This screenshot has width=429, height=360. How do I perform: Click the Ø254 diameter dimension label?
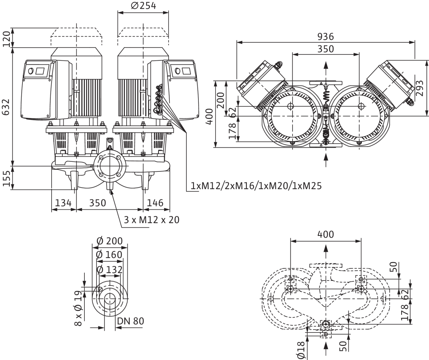click(x=143, y=6)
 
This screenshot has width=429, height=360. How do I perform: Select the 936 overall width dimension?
click(x=326, y=37)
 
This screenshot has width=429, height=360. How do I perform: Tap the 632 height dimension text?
click(x=6, y=107)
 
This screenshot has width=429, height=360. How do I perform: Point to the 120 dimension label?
click(x=6, y=39)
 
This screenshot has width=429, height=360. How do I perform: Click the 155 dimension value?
click(x=6, y=178)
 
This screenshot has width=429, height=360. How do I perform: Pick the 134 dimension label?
click(x=63, y=203)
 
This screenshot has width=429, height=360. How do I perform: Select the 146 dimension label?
click(x=155, y=203)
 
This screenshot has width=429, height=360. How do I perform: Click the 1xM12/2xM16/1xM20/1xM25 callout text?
click(x=256, y=186)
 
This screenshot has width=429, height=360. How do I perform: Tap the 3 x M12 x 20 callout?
click(x=151, y=220)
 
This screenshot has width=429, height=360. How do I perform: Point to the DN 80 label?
click(x=131, y=321)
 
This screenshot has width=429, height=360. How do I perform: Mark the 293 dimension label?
click(x=420, y=88)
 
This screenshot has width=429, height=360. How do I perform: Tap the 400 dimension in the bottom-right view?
click(x=326, y=235)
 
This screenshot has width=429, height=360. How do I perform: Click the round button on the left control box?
click(x=30, y=71)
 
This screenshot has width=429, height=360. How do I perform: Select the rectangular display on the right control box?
click(x=186, y=71)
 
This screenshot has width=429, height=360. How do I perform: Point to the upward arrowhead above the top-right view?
click(x=326, y=65)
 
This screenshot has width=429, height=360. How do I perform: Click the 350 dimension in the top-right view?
click(x=326, y=49)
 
